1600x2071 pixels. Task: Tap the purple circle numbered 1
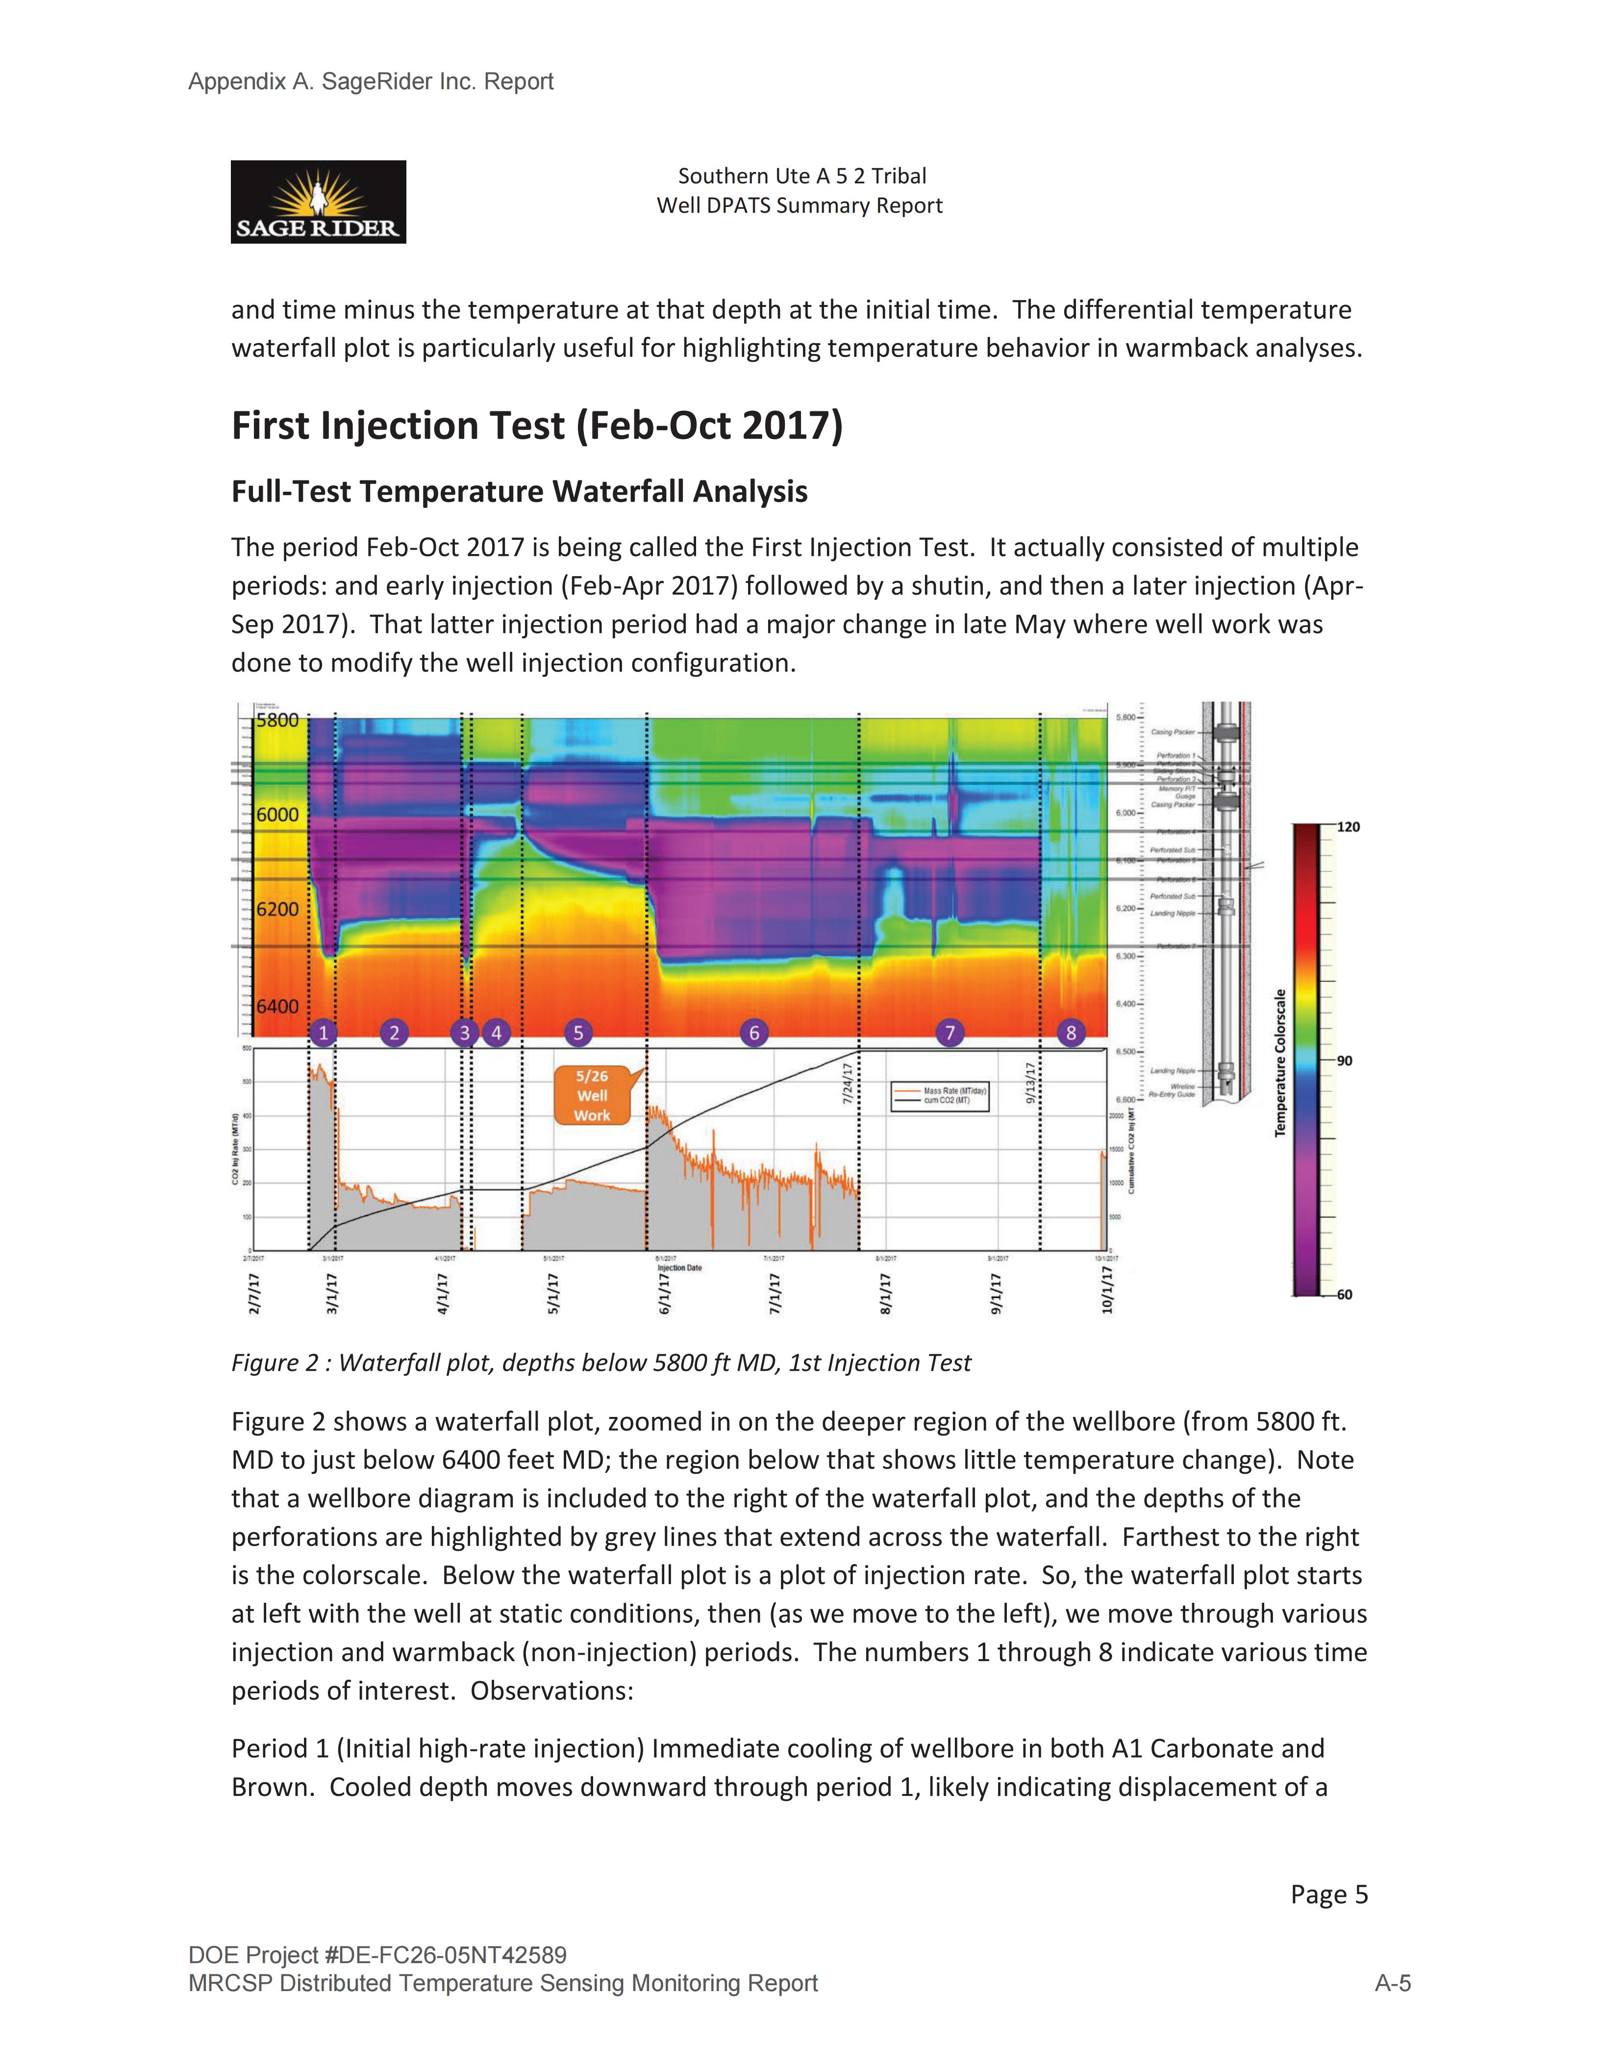[x=323, y=1033]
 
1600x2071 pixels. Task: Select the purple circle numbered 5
[x=577, y=1033]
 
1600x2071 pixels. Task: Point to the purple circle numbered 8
[x=1071, y=1033]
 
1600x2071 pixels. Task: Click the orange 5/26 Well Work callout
[x=593, y=1095]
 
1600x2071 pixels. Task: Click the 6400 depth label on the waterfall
[x=277, y=1006]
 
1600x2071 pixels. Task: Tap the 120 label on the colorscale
[x=1348, y=827]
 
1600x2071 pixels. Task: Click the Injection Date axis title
[x=679, y=1268]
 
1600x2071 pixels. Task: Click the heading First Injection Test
[x=536, y=426]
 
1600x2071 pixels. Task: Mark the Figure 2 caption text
[x=601, y=1363]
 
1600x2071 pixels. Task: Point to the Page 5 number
[x=1329, y=1894]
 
